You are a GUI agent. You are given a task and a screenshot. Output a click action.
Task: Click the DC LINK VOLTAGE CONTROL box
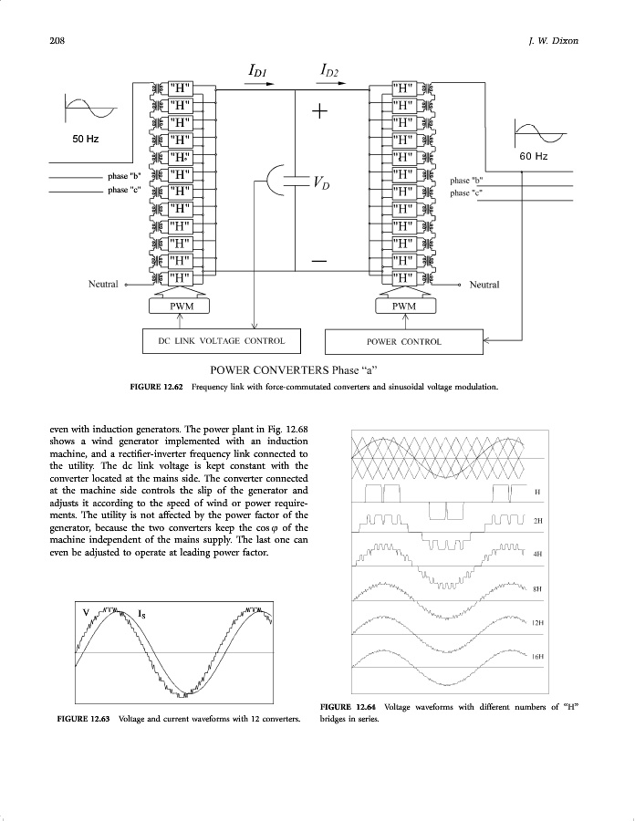pyautogui.click(x=222, y=342)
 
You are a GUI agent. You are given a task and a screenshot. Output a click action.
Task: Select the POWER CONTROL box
pyautogui.click(x=404, y=342)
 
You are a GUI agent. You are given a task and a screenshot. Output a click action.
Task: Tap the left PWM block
pyautogui.click(x=181, y=307)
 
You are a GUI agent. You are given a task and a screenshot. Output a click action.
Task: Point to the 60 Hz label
pyautogui.click(x=534, y=156)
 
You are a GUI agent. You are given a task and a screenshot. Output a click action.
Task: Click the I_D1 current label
pyautogui.click(x=258, y=69)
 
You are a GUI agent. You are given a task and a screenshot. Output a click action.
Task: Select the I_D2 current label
pyautogui.click(x=330, y=69)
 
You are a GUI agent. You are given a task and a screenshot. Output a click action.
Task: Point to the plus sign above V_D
pyautogui.click(x=319, y=112)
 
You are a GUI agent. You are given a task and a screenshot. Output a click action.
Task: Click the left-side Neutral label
pyautogui.click(x=103, y=285)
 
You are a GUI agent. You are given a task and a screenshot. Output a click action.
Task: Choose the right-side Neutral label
pyautogui.click(x=484, y=285)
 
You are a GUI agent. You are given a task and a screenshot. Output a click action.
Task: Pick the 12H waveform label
pyautogui.click(x=537, y=622)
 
